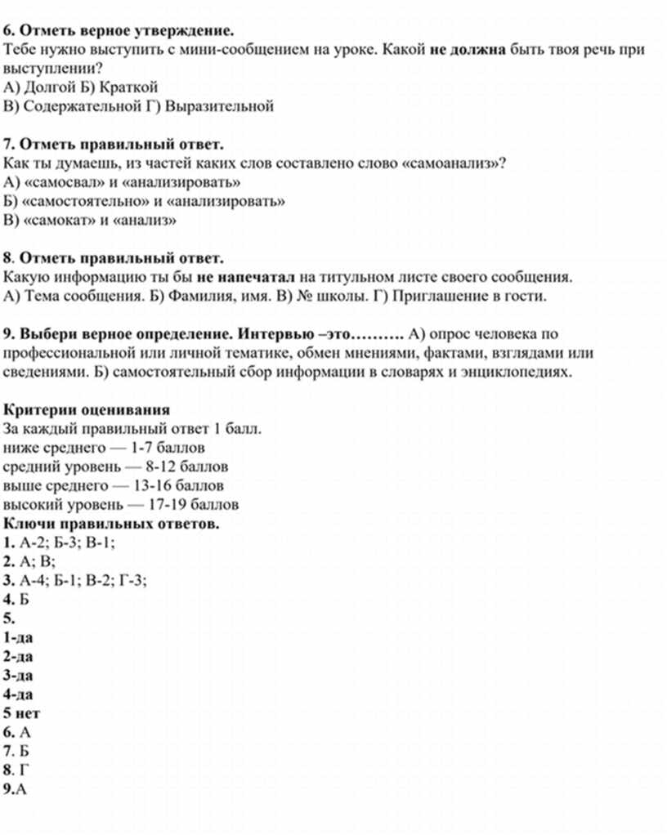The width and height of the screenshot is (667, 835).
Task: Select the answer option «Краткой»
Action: pyautogui.click(x=131, y=87)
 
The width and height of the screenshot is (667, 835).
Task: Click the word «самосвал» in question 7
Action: pyautogui.click(x=60, y=181)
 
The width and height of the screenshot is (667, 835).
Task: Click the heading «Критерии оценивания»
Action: pyautogui.click(x=87, y=409)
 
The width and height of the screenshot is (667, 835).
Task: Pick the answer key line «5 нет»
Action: pyautogui.click(x=22, y=713)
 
